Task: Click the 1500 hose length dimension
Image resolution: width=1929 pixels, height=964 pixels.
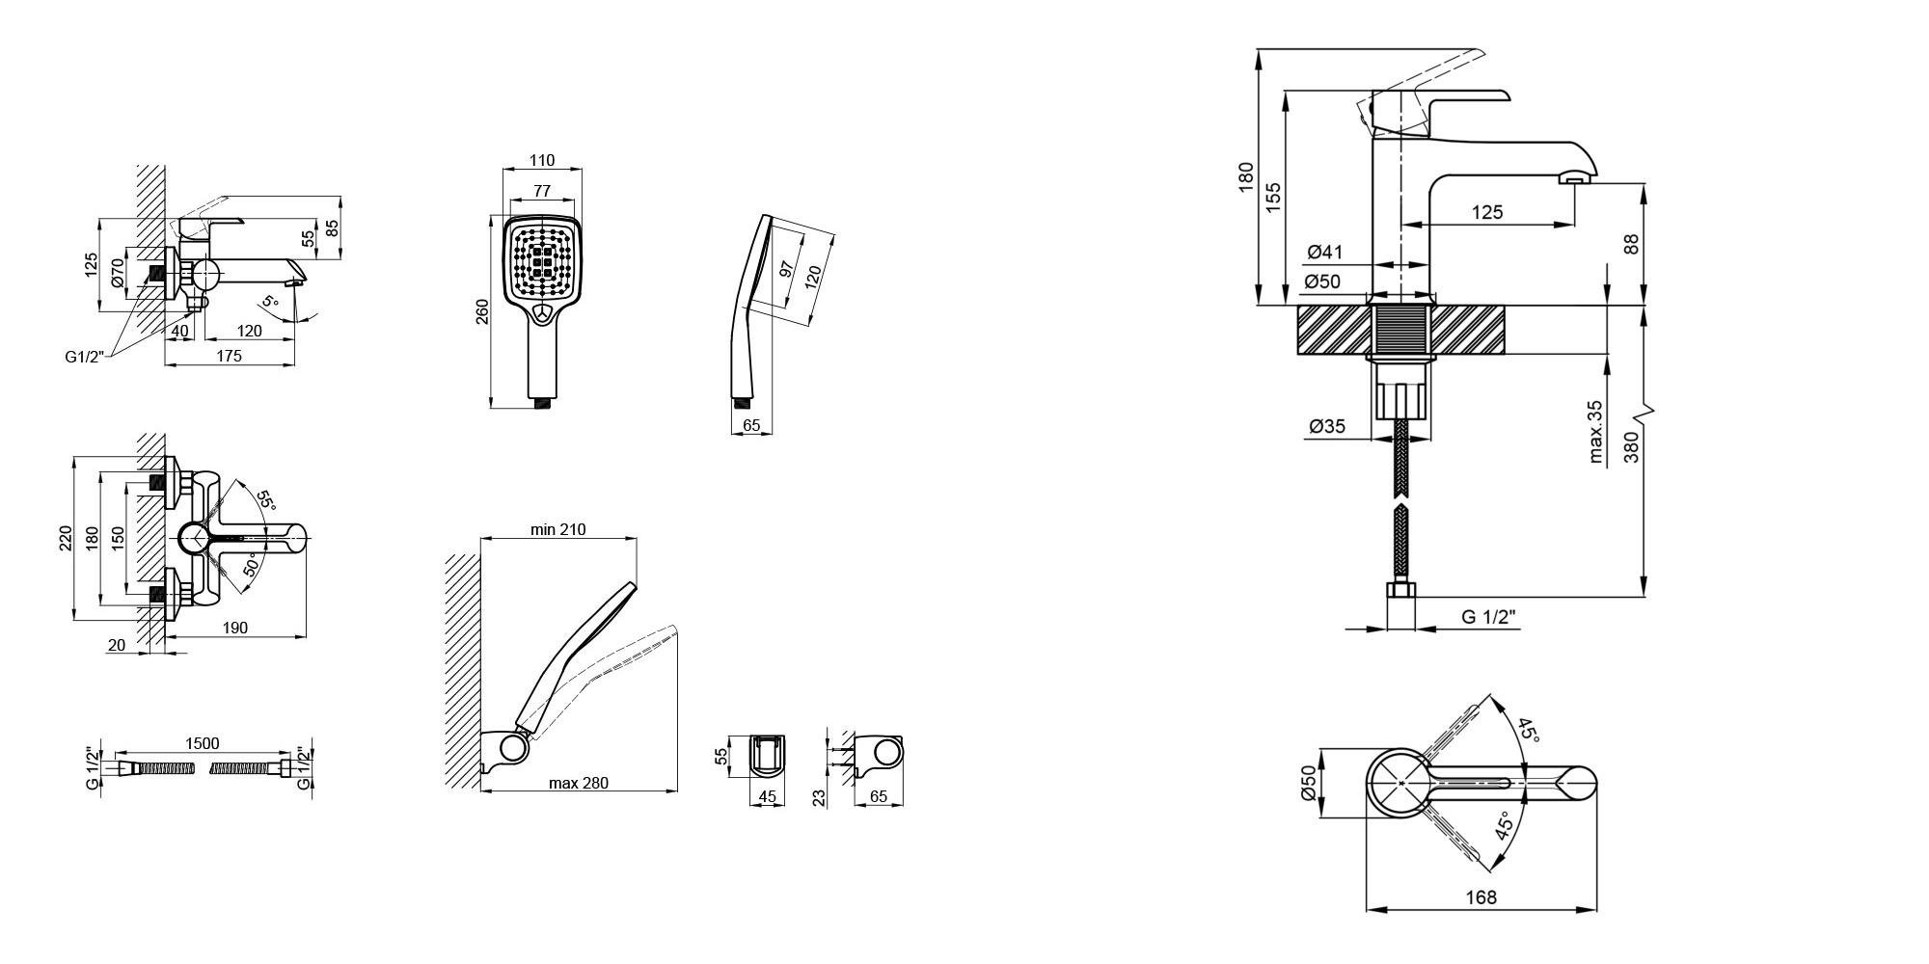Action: tap(202, 743)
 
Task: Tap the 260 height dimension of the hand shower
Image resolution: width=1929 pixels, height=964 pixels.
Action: tap(482, 311)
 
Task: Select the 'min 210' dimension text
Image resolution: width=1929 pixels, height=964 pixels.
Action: tap(557, 529)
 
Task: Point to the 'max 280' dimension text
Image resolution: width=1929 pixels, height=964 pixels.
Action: tap(579, 783)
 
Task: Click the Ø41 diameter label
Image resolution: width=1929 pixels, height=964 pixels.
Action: tap(1325, 253)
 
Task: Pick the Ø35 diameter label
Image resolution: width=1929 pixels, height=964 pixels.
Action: tap(1327, 426)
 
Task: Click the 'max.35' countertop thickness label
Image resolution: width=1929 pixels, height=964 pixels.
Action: tap(1596, 432)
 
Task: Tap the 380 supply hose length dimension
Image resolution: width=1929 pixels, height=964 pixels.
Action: tap(1631, 447)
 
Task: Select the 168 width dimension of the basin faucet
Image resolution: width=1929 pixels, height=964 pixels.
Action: tap(1481, 897)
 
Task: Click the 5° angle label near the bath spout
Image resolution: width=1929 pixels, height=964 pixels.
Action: tap(270, 302)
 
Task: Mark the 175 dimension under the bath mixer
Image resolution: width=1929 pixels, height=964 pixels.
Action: tap(229, 356)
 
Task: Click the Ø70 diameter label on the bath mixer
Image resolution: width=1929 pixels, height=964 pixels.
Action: tap(118, 274)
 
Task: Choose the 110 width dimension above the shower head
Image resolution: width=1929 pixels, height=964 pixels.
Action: tap(543, 160)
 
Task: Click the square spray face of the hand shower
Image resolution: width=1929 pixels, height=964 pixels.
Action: tap(543, 260)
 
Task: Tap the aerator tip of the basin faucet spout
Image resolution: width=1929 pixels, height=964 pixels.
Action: tap(1575, 179)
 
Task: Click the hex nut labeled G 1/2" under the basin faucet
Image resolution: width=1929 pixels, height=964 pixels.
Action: tap(1400, 590)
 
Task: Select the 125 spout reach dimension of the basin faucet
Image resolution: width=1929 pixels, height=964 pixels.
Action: tap(1486, 212)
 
